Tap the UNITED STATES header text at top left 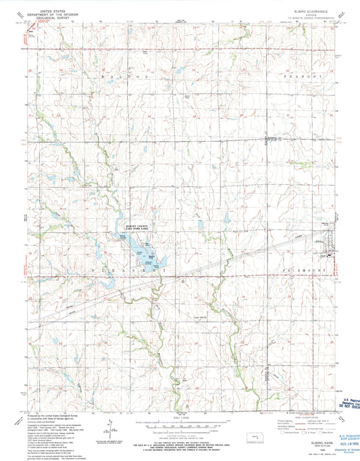click(x=57, y=11)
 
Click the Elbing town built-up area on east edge click(x=330, y=251)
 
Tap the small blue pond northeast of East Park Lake click(x=201, y=225)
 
